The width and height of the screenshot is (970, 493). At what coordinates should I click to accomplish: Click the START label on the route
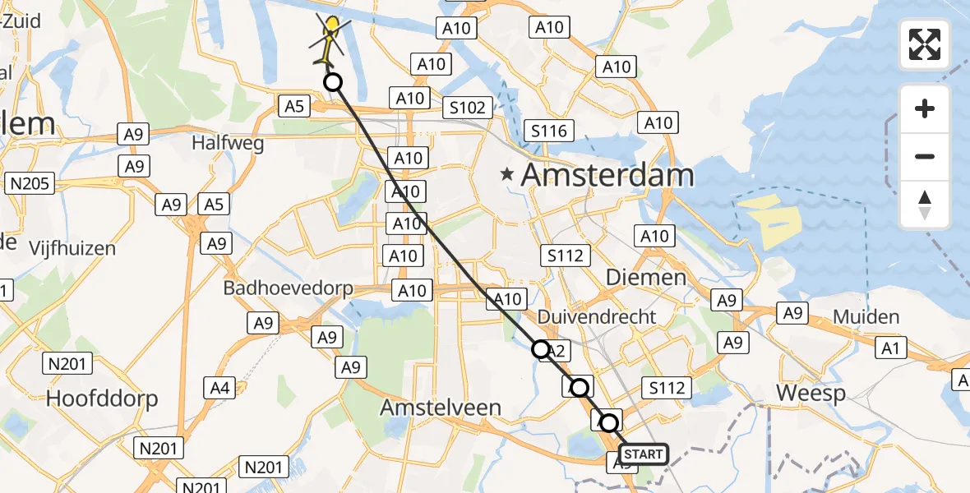pyautogui.click(x=643, y=454)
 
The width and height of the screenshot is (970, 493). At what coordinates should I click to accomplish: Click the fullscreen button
pyautogui.click(x=925, y=44)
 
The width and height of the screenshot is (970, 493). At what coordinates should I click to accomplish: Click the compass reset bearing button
pyautogui.click(x=925, y=205)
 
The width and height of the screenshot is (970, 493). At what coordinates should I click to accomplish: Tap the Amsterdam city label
pyautogui.click(x=607, y=175)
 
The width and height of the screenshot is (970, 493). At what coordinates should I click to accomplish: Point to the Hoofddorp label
pyautogui.click(x=102, y=399)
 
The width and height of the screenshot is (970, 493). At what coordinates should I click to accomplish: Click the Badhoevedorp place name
pyautogui.click(x=288, y=288)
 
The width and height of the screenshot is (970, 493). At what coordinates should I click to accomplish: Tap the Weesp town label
pyautogui.click(x=811, y=394)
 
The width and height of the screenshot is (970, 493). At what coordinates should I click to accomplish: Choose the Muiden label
pyautogui.click(x=866, y=317)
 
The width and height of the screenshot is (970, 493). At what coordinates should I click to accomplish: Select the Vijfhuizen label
pyautogui.click(x=72, y=247)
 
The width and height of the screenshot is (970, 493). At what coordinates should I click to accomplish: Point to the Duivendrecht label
pyautogui.click(x=597, y=316)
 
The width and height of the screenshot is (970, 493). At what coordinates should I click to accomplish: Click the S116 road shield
pyautogui.click(x=549, y=131)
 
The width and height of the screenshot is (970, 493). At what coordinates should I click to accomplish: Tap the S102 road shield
pyautogui.click(x=467, y=107)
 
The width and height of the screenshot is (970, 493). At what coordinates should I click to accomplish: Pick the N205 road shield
pyautogui.click(x=30, y=183)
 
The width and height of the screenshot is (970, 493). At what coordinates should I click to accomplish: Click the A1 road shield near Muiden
pyautogui.click(x=890, y=349)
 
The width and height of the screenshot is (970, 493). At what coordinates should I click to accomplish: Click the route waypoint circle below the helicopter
pyautogui.click(x=332, y=82)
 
